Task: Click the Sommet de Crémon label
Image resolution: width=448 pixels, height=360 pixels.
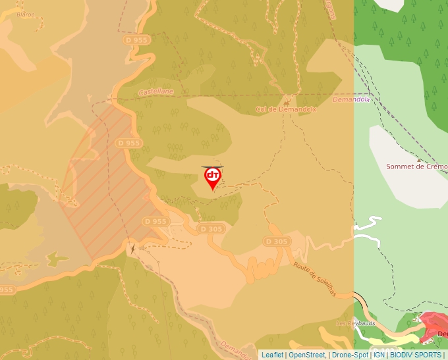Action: click(416, 167)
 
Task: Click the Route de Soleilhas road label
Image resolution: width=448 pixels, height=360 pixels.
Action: click(315, 279)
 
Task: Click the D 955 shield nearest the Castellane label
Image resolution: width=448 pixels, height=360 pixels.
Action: click(136, 40)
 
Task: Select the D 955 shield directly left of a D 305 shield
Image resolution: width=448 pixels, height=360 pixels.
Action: click(155, 221)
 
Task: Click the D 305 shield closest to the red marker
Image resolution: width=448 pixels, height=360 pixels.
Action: click(211, 228)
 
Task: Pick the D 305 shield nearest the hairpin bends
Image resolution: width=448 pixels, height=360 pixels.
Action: click(277, 242)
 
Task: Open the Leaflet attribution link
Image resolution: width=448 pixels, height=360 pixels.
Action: click(272, 355)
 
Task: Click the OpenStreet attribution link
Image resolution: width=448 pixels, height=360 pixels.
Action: click(307, 355)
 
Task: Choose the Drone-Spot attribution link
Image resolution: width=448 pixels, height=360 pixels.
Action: click(350, 355)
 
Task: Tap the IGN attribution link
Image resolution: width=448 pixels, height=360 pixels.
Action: click(379, 355)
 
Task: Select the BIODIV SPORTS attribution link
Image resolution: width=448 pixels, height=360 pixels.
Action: click(415, 355)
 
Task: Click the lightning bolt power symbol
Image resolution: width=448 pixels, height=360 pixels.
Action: click(132, 249)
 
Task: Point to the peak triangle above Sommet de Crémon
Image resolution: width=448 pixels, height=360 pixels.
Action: click(419, 159)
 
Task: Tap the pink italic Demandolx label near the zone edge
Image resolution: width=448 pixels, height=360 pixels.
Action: click(350, 100)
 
